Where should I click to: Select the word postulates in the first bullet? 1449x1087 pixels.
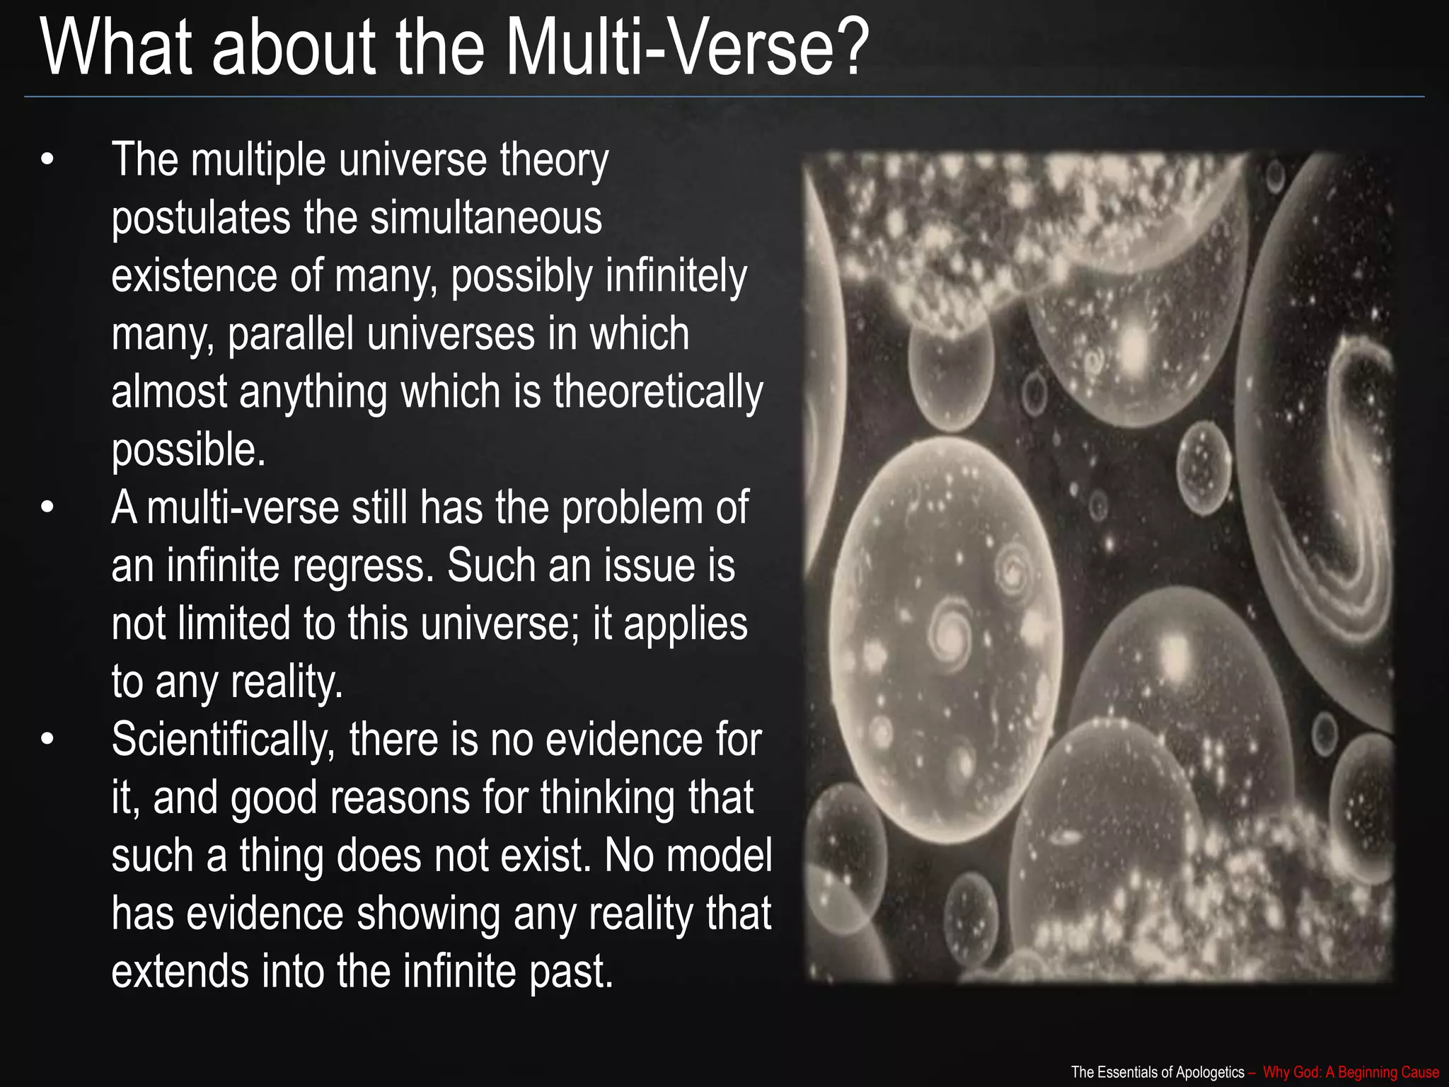(201, 219)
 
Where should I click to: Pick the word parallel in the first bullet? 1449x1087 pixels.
(290, 334)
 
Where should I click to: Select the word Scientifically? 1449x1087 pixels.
(223, 741)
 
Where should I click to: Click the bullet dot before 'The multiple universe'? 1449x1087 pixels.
(47, 160)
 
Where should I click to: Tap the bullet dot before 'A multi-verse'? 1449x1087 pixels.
(47, 508)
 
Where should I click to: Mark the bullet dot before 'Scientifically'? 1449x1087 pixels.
(47, 740)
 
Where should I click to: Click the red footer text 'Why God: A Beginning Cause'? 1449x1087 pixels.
(1351, 1072)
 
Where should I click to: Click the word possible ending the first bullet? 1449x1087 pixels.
(188, 451)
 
